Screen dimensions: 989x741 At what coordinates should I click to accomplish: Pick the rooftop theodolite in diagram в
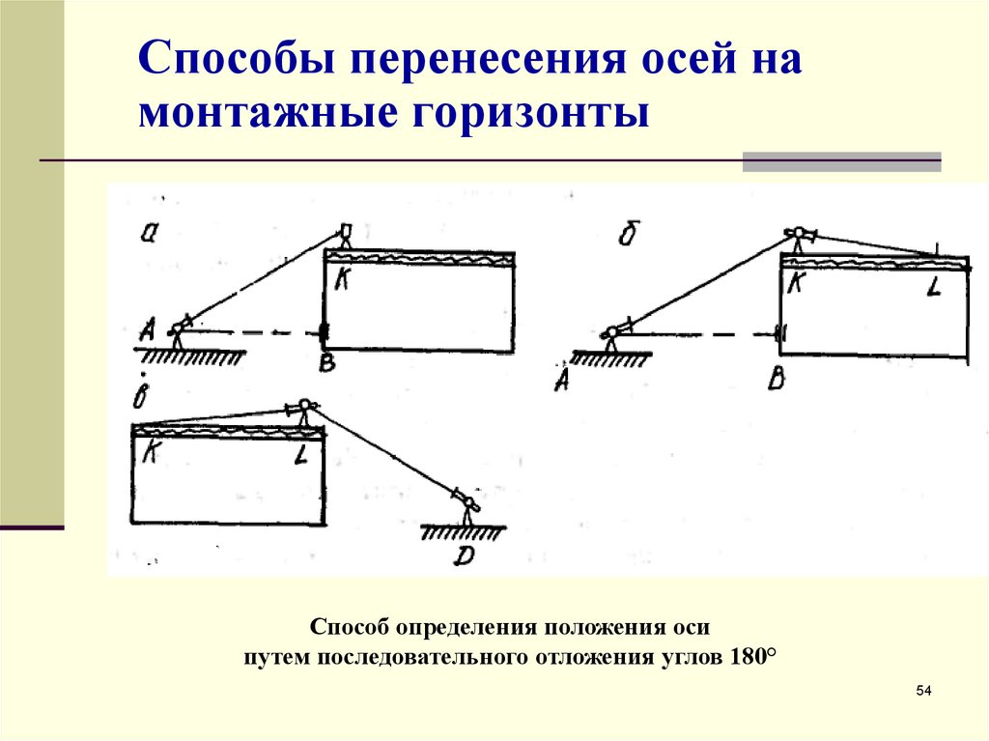tap(304, 410)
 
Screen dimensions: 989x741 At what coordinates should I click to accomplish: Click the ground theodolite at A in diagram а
tap(177, 328)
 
